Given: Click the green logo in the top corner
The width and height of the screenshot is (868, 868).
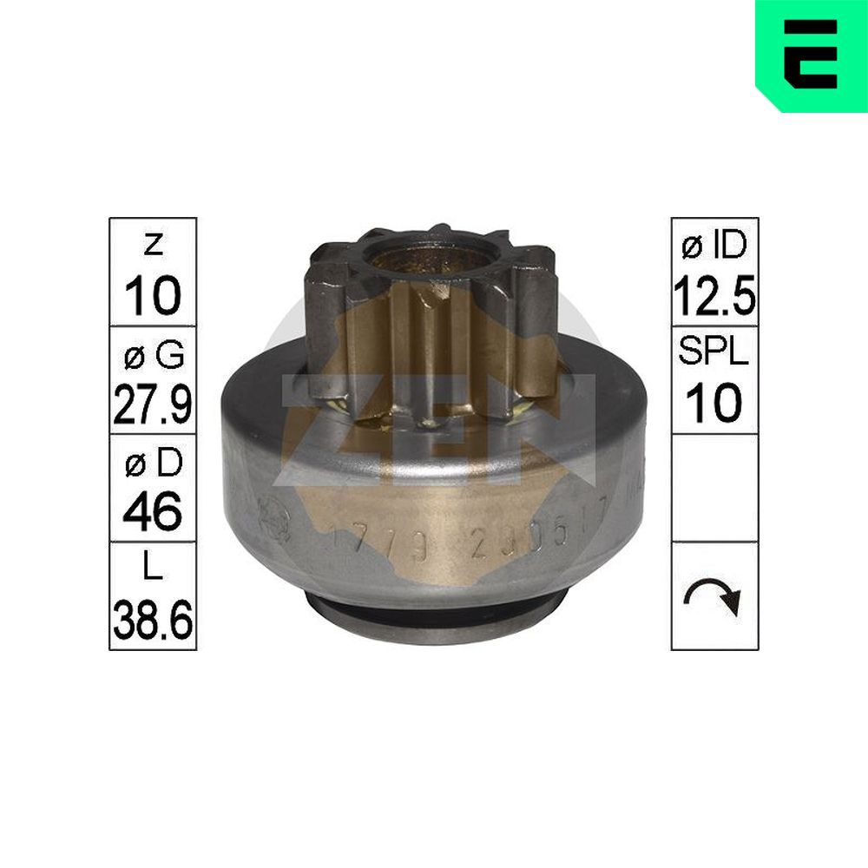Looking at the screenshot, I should click(811, 54).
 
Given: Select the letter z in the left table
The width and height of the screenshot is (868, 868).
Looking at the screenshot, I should click(153, 246).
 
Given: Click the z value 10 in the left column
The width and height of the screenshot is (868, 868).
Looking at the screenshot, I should click(153, 295).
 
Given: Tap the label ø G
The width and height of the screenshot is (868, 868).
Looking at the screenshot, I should click(153, 356).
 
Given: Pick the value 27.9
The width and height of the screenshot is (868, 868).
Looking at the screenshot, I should click(153, 404).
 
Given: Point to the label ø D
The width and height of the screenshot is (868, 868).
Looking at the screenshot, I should click(153, 465).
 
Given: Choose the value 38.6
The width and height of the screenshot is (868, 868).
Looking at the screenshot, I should click(153, 621).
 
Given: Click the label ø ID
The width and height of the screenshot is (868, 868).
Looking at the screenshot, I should click(714, 247).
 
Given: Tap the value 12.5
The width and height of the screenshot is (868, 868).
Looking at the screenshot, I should click(714, 295).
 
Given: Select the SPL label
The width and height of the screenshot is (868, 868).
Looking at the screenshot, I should click(714, 356).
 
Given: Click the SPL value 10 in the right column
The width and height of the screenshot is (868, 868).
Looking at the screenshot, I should click(714, 404).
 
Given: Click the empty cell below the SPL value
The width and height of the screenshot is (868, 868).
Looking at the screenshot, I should click(714, 488).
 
